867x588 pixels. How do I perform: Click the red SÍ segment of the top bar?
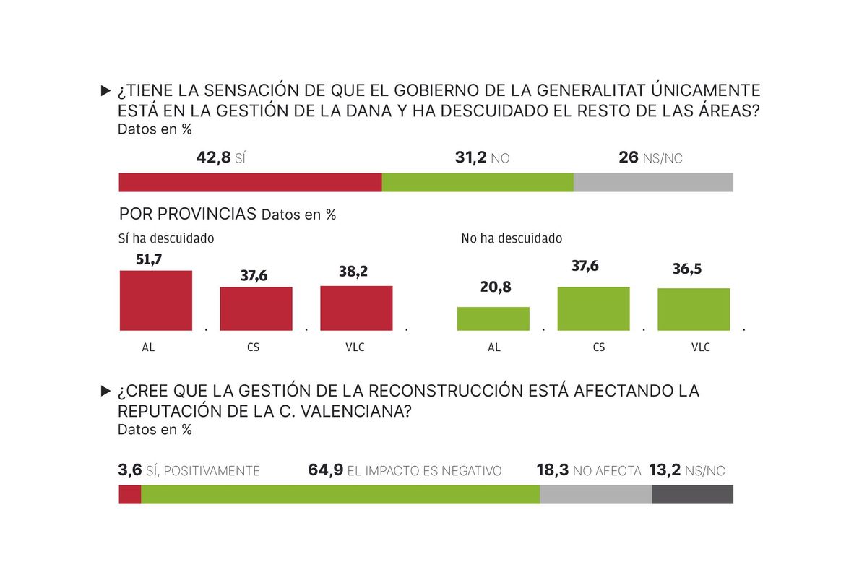250,183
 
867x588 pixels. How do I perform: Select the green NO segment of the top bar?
478,183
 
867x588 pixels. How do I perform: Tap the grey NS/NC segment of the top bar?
653,183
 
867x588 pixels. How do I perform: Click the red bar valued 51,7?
155,301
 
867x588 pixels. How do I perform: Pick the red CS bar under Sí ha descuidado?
256,308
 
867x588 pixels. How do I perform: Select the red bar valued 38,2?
357,308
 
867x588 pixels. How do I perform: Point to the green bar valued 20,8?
493,319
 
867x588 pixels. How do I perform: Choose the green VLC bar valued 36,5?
694,309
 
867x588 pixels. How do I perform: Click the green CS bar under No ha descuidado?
593,308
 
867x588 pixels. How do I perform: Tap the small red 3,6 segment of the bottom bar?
130,494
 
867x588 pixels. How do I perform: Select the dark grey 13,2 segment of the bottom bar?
692,494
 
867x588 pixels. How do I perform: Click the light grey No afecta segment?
595,494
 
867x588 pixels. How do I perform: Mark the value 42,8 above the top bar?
213,157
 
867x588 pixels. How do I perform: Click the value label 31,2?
471,157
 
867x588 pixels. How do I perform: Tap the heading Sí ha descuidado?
166,238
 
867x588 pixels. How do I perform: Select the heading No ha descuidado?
512,238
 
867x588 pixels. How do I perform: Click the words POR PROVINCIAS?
188,214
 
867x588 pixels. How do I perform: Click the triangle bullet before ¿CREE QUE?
105,391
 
